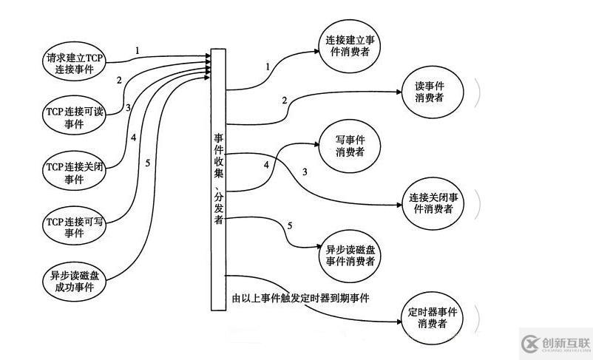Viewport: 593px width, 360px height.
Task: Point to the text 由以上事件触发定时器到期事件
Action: tap(300, 299)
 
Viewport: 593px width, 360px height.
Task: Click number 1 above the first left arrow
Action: tap(137, 50)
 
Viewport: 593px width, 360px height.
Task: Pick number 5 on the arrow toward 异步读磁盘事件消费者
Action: tap(290, 225)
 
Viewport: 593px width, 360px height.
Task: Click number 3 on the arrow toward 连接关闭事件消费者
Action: tap(304, 172)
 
